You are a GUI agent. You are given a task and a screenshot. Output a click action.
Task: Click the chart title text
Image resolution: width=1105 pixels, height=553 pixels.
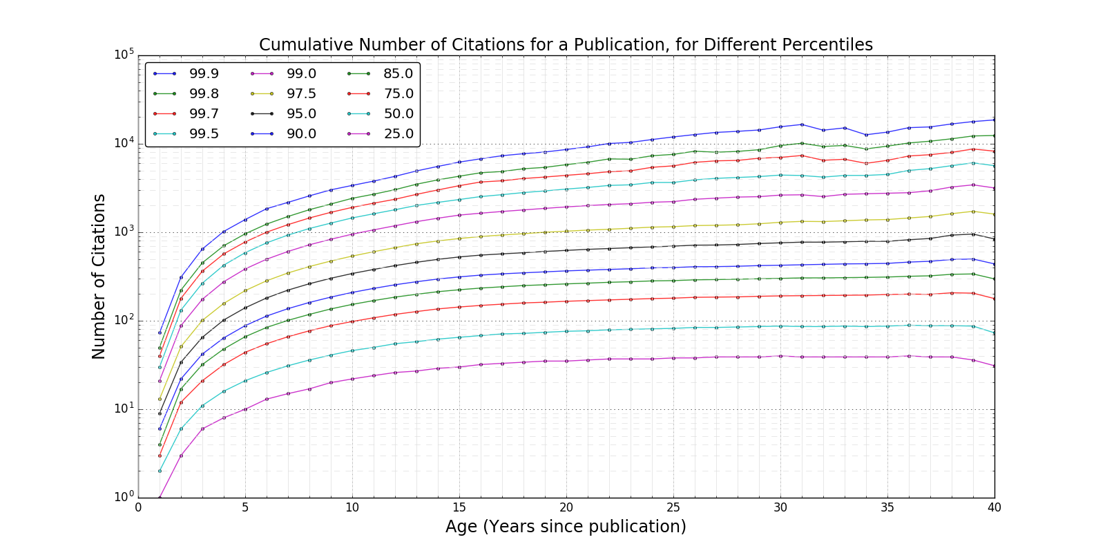pyautogui.click(x=566, y=45)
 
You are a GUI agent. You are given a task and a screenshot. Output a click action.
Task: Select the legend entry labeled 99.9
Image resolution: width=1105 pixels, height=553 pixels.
pyautogui.click(x=204, y=73)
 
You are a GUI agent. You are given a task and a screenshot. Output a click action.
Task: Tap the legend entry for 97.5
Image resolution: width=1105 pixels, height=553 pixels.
pyautogui.click(x=301, y=93)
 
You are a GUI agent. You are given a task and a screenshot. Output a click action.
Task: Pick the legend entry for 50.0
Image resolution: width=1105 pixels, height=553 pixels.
pyautogui.click(x=398, y=113)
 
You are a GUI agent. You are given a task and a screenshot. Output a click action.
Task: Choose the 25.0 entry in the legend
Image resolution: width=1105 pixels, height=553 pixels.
pyautogui.click(x=398, y=133)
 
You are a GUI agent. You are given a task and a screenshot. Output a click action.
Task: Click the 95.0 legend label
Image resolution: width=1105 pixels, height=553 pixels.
pyautogui.click(x=301, y=113)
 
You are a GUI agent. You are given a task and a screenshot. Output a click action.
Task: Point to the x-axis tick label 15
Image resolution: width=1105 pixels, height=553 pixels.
pyautogui.click(x=459, y=507)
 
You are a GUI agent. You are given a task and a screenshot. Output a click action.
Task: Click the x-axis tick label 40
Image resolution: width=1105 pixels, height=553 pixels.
pyautogui.click(x=995, y=507)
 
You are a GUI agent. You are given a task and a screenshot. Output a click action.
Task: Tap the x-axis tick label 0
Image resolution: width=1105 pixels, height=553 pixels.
pyautogui.click(x=138, y=507)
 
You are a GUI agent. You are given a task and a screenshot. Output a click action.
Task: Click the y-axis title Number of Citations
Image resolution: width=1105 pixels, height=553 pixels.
pyautogui.click(x=99, y=276)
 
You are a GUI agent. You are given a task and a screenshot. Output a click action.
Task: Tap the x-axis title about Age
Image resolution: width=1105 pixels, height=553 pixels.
pyautogui.click(x=566, y=527)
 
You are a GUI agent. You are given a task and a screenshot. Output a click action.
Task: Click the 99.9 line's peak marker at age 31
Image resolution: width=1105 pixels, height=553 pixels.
pyautogui.click(x=802, y=124)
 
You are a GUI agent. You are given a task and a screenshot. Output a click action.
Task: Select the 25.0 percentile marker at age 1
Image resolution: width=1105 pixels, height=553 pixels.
pyautogui.click(x=160, y=498)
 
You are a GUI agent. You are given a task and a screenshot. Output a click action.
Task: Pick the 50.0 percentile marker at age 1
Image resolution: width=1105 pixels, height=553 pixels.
pyautogui.click(x=160, y=471)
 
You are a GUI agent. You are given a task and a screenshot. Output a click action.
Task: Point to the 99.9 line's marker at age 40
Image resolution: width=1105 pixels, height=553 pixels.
pyautogui.click(x=995, y=120)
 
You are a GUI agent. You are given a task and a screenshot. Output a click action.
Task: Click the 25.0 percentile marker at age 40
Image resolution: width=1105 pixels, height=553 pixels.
pyautogui.click(x=995, y=366)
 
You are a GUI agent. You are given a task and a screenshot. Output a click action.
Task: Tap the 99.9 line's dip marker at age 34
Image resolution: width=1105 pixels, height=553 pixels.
pyautogui.click(x=866, y=135)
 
